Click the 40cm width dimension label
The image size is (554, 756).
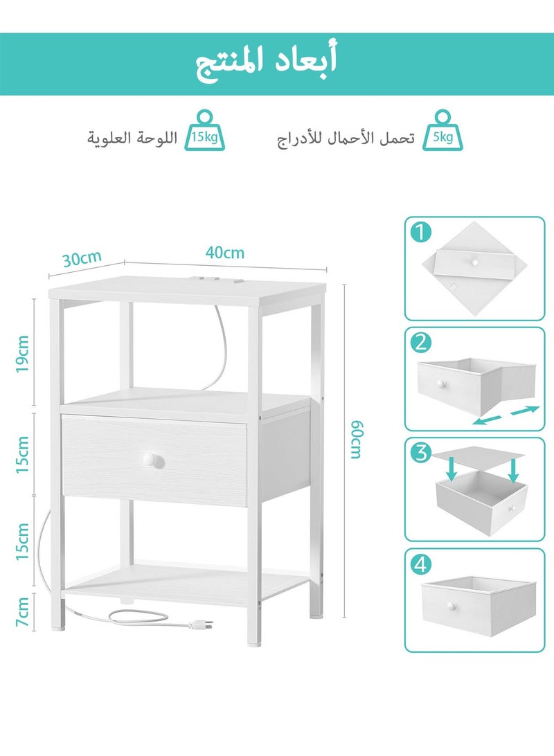coord(224,253)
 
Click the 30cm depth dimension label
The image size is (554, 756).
coord(81,259)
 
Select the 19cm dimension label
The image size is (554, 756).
coord(23,355)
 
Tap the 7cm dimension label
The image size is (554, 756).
coord(23,612)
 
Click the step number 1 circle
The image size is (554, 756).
coord(420,233)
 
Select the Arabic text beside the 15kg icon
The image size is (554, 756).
coord(132,138)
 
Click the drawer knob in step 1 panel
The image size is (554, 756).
coord(475,261)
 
